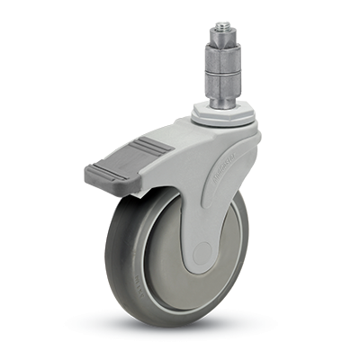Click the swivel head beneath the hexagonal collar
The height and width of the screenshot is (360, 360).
tap(225, 139)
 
